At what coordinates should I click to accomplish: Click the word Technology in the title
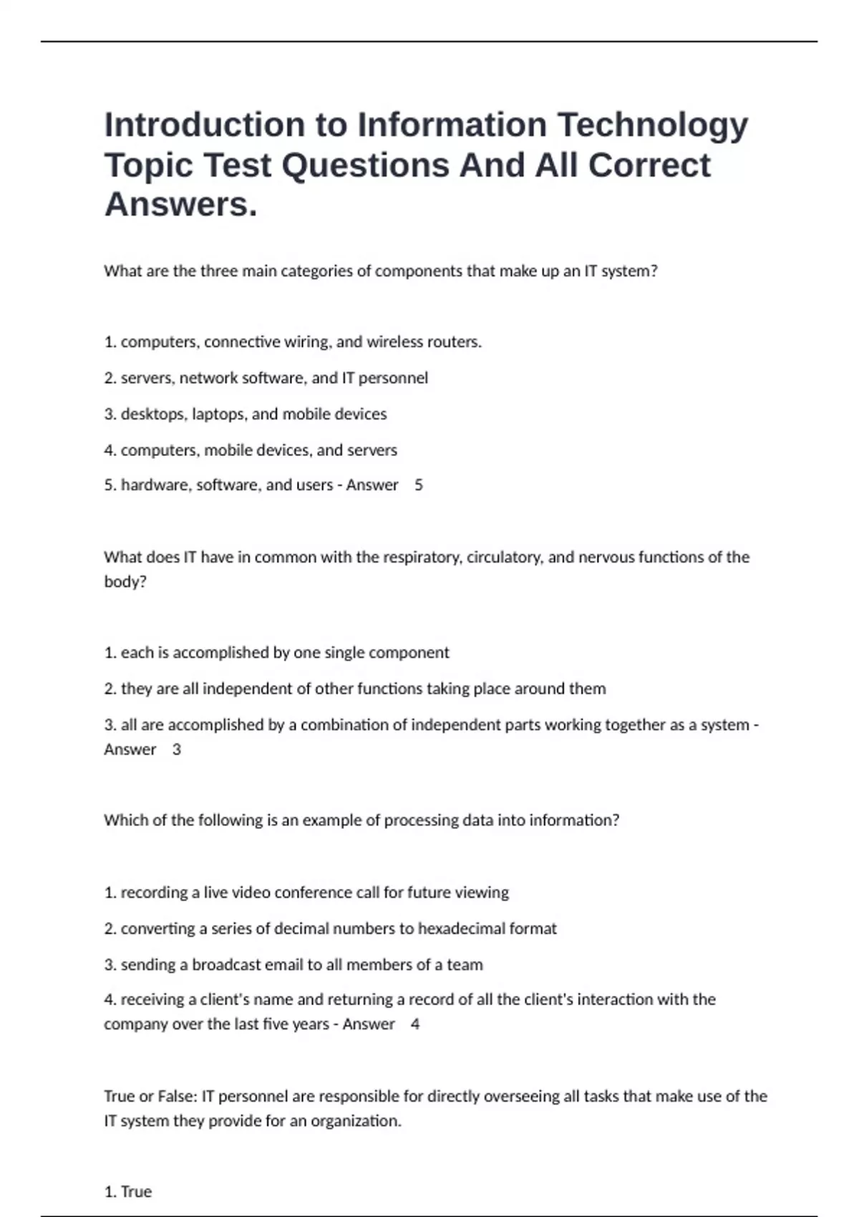pos(652,126)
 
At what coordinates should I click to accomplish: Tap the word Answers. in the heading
pos(180,205)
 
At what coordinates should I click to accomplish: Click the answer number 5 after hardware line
pos(419,485)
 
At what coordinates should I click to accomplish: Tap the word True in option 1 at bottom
pos(136,1191)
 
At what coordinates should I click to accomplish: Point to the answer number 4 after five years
pos(415,1024)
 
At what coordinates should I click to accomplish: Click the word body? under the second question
pos(125,581)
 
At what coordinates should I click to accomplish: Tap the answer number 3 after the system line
pos(177,750)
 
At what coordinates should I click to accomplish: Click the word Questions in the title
pos(365,166)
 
